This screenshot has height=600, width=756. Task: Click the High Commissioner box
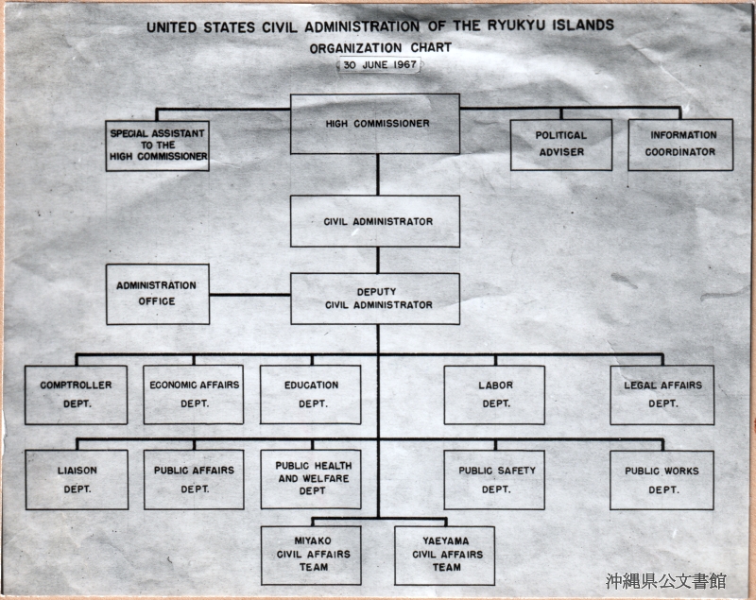click(374, 124)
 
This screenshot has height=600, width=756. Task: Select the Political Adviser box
click(561, 145)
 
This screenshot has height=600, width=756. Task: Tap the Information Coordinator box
click(680, 145)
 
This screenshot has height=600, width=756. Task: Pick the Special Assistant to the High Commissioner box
click(157, 146)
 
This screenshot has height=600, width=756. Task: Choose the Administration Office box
click(158, 294)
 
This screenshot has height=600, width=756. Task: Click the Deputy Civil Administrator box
click(375, 299)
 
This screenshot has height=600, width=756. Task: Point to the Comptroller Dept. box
click(77, 395)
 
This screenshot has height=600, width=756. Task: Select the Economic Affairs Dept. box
click(194, 395)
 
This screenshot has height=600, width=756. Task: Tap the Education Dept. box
click(311, 395)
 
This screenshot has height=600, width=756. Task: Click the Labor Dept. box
click(494, 395)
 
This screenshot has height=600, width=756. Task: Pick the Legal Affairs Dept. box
click(662, 395)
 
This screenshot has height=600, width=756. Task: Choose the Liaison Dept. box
click(77, 479)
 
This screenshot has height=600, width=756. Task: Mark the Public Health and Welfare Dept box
click(311, 479)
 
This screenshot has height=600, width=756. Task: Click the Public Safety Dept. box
click(494, 480)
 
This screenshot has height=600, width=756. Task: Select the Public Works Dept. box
click(661, 480)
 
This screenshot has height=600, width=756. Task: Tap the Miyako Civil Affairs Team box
click(311, 556)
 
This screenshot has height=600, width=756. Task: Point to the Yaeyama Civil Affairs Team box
click(444, 556)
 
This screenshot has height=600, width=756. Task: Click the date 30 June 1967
click(380, 64)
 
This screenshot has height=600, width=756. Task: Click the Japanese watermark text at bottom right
click(666, 581)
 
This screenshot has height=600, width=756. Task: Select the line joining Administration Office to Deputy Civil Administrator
click(249, 295)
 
